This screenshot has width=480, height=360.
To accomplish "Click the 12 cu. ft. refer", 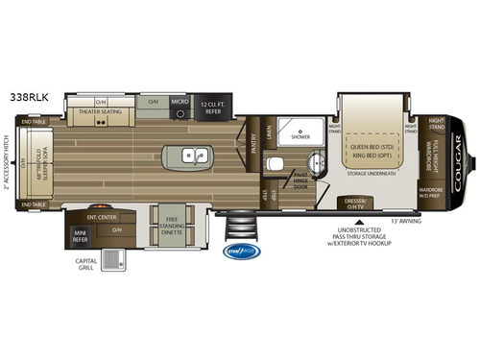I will tap(212, 106).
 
